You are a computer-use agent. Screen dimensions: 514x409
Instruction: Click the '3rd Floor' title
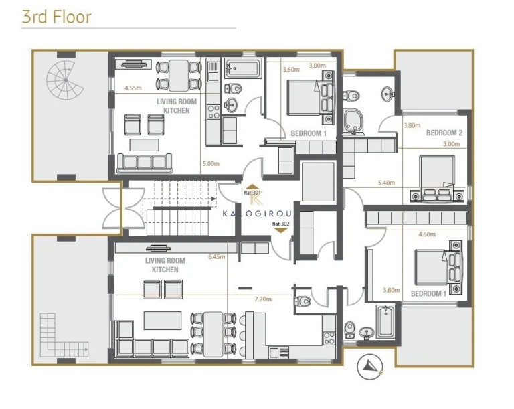(x=56, y=17)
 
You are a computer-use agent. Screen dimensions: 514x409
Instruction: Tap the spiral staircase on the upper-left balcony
(x=65, y=80)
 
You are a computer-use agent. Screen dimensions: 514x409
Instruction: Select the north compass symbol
(x=370, y=367)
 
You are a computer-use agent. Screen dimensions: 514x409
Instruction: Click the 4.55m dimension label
(x=133, y=88)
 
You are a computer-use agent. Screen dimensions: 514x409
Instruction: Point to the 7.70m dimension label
(x=263, y=299)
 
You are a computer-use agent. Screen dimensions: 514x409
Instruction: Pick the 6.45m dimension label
(x=217, y=257)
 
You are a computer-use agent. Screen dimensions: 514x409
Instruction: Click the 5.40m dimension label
(x=386, y=183)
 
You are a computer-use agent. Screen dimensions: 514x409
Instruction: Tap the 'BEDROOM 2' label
(x=444, y=133)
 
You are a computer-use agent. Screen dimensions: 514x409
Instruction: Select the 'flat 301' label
(x=252, y=193)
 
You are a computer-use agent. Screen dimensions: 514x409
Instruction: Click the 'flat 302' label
(x=281, y=224)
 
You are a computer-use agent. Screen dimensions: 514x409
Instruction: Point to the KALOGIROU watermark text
(x=257, y=214)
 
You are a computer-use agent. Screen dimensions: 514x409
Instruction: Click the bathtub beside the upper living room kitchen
(x=244, y=68)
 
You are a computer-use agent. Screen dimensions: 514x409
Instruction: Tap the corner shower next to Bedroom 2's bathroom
(x=353, y=122)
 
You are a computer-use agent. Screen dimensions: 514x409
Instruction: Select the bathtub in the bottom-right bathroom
(x=385, y=322)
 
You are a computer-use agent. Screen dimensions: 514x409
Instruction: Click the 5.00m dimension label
(x=211, y=163)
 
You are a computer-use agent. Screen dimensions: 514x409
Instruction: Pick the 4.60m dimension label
(x=427, y=234)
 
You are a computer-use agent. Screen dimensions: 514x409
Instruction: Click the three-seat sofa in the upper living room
(x=145, y=163)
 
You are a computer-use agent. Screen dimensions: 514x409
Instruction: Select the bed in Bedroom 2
(x=437, y=179)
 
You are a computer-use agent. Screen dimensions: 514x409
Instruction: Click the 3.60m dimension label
(x=291, y=69)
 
